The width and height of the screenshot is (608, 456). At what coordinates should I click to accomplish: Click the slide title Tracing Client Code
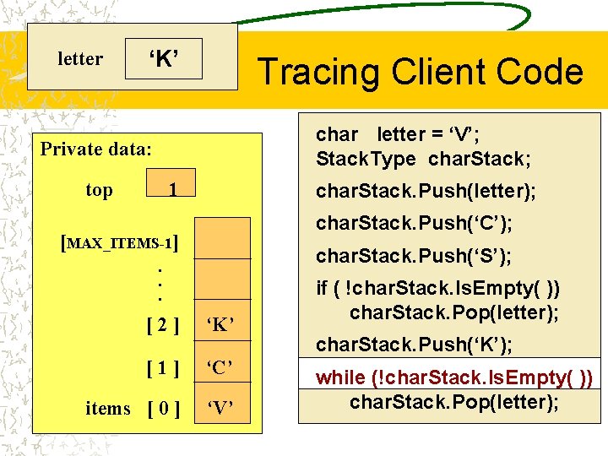coord(420,72)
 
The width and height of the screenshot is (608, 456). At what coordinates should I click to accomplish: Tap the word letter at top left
coord(80,59)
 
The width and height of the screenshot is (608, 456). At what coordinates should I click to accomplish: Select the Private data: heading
coord(96,149)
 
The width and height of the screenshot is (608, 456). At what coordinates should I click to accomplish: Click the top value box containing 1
coord(171,190)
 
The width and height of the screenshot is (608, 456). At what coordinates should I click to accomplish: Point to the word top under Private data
coord(99,190)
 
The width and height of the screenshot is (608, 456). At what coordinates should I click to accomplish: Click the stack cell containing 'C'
coord(220,366)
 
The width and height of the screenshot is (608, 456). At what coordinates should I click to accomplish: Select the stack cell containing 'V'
coord(220,410)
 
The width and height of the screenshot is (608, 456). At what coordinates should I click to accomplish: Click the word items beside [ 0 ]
coord(108,409)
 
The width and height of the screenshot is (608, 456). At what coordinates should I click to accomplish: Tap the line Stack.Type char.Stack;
coord(423,159)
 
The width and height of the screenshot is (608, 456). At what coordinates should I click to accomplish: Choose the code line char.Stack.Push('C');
coord(414,224)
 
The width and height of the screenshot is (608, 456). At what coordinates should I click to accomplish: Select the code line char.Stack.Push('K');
coord(414,345)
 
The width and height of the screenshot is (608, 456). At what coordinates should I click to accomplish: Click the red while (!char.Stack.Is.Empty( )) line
coord(453,377)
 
